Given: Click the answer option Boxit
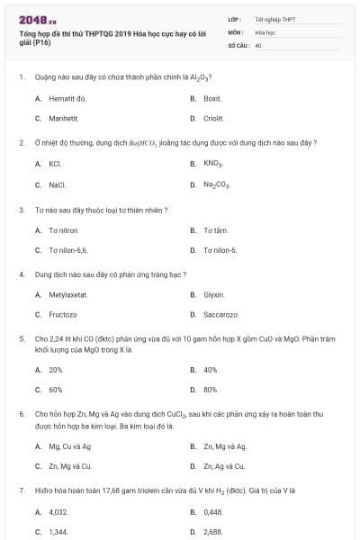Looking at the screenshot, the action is pyautogui.click(x=212, y=97).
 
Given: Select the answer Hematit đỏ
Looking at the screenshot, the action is pyautogui.click(x=67, y=97).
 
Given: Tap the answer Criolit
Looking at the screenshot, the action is pyautogui.click(x=213, y=118).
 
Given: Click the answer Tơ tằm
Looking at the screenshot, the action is pyautogui.click(x=214, y=230).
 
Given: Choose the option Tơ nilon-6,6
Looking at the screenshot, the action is pyautogui.click(x=68, y=250).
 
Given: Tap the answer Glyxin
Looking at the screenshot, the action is pyautogui.click(x=213, y=294).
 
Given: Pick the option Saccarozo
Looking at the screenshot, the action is pyautogui.click(x=220, y=315).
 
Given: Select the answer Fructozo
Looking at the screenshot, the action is pyautogui.click(x=62, y=315).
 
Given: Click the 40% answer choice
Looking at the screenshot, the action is pyautogui.click(x=211, y=370).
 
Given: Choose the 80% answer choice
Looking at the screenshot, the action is pyautogui.click(x=211, y=390).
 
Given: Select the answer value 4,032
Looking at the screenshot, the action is pyautogui.click(x=58, y=512).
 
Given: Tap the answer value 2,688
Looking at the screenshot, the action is pyautogui.click(x=212, y=532).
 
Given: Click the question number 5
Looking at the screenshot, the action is pyautogui.click(x=21, y=339).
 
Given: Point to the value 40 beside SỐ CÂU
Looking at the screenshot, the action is pyautogui.click(x=258, y=44).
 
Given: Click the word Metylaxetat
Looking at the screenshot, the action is pyautogui.click(x=68, y=294).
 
